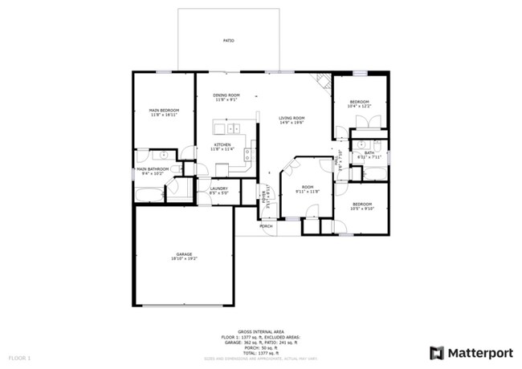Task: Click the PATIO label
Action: [229, 39]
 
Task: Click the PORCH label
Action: [266, 226]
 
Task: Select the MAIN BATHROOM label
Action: [152, 170]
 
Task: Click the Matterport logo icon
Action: [436, 352]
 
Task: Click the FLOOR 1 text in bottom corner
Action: [19, 356]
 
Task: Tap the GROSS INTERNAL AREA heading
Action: [261, 329]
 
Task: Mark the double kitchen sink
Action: [233, 128]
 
